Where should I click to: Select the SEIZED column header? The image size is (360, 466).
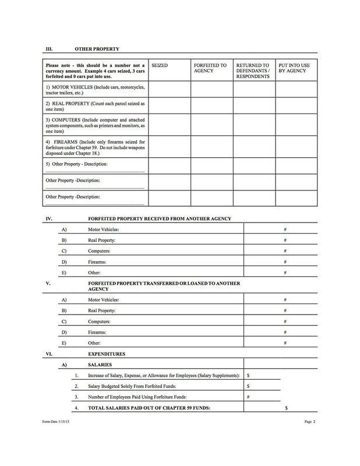[159, 66]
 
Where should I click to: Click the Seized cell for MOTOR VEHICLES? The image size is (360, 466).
[170, 89]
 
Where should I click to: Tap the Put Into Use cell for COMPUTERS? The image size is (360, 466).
[297, 125]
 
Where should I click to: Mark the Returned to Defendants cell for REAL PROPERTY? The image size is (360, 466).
[255, 105]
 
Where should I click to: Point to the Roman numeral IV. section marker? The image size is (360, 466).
[50, 218]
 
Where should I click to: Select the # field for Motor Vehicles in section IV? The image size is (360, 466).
[285, 230]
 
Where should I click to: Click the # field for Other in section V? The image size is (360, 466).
[285, 343]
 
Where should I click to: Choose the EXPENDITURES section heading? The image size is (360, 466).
[107, 354]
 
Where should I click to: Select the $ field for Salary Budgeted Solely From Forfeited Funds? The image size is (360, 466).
[262, 386]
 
